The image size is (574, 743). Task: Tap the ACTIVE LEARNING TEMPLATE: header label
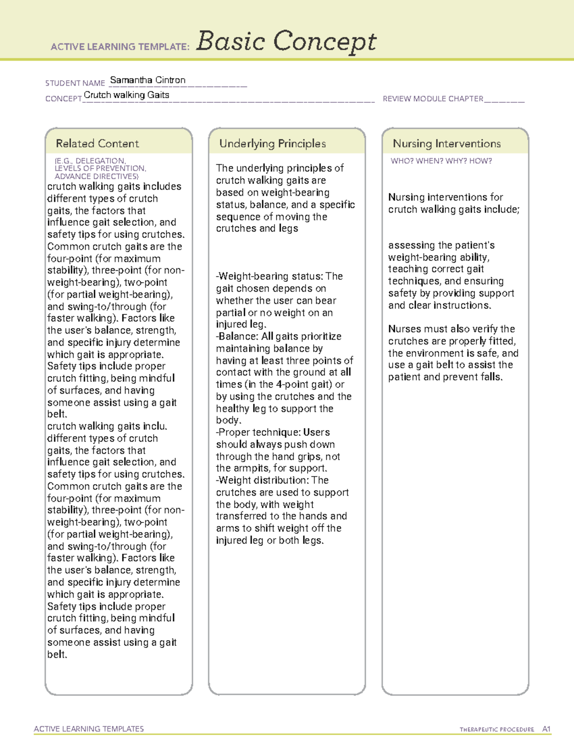[120, 47]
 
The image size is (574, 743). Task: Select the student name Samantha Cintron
[148, 80]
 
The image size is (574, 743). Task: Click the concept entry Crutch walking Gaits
[126, 95]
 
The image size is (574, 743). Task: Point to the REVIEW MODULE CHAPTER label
[433, 99]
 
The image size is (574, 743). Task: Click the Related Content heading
[97, 144]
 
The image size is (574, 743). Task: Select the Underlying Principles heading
[273, 144]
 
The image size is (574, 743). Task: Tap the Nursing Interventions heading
[447, 144]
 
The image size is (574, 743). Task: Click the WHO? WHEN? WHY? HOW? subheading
[441, 161]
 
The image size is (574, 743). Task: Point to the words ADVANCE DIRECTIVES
[96, 176]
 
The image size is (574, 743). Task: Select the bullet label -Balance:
[237, 336]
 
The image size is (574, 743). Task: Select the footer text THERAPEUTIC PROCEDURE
[497, 730]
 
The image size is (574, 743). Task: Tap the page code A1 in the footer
[546, 729]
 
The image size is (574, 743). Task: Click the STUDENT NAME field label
[75, 83]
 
